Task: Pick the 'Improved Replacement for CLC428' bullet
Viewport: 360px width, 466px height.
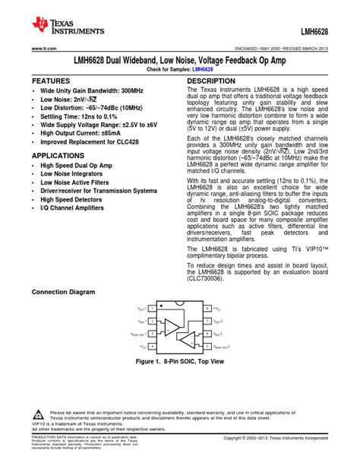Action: pyautogui.click(x=88, y=141)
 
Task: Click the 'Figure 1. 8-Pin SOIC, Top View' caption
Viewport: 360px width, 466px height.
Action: pyautogui.click(x=179, y=363)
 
